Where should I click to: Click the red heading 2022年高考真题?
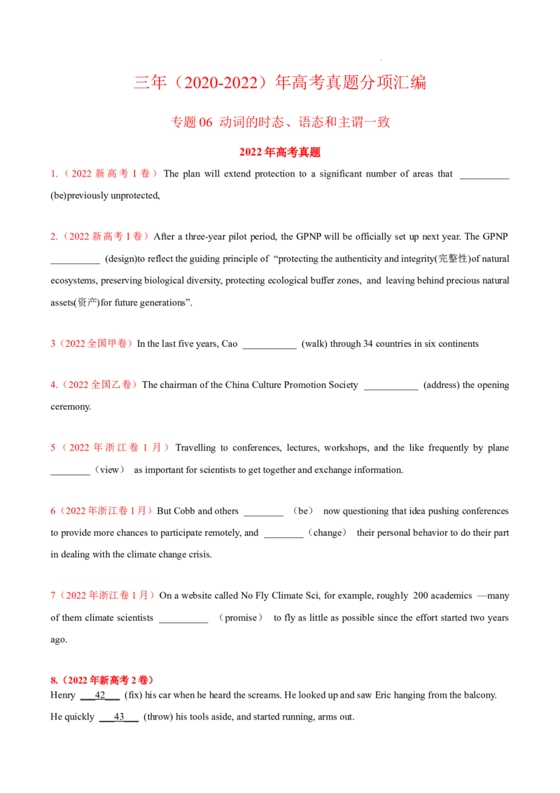point(280,152)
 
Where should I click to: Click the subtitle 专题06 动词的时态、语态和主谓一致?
point(280,122)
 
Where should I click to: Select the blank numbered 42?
point(100,696)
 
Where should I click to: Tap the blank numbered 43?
point(119,717)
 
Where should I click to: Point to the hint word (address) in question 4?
point(441,385)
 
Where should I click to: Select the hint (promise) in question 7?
point(241,617)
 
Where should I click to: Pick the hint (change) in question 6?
point(328,532)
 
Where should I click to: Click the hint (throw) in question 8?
point(158,717)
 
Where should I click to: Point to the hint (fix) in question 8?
point(134,696)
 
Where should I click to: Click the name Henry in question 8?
point(63,696)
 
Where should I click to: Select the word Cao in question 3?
point(230,344)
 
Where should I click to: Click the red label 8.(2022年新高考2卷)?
point(102,680)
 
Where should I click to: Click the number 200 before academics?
point(421,595)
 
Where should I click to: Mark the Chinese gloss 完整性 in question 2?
point(453,259)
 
